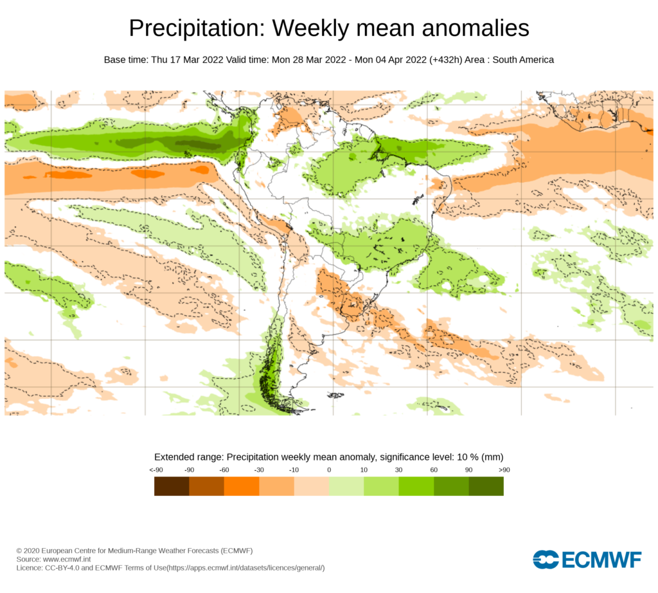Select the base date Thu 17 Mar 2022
pyautogui.click(x=187, y=60)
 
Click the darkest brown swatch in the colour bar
pyautogui.click(x=172, y=486)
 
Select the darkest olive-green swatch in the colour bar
pyautogui.click(x=486, y=486)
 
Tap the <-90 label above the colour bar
pyautogui.click(x=155, y=470)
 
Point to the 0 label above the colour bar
pyautogui.click(x=329, y=470)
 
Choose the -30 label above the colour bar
pyautogui.click(x=259, y=470)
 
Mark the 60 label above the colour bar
pyautogui.click(x=434, y=470)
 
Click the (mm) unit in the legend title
pyautogui.click(x=492, y=457)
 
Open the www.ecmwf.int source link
pyautogui.click(x=67, y=560)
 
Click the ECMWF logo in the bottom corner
pyautogui.click(x=587, y=560)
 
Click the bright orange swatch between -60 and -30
pyautogui.click(x=242, y=486)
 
